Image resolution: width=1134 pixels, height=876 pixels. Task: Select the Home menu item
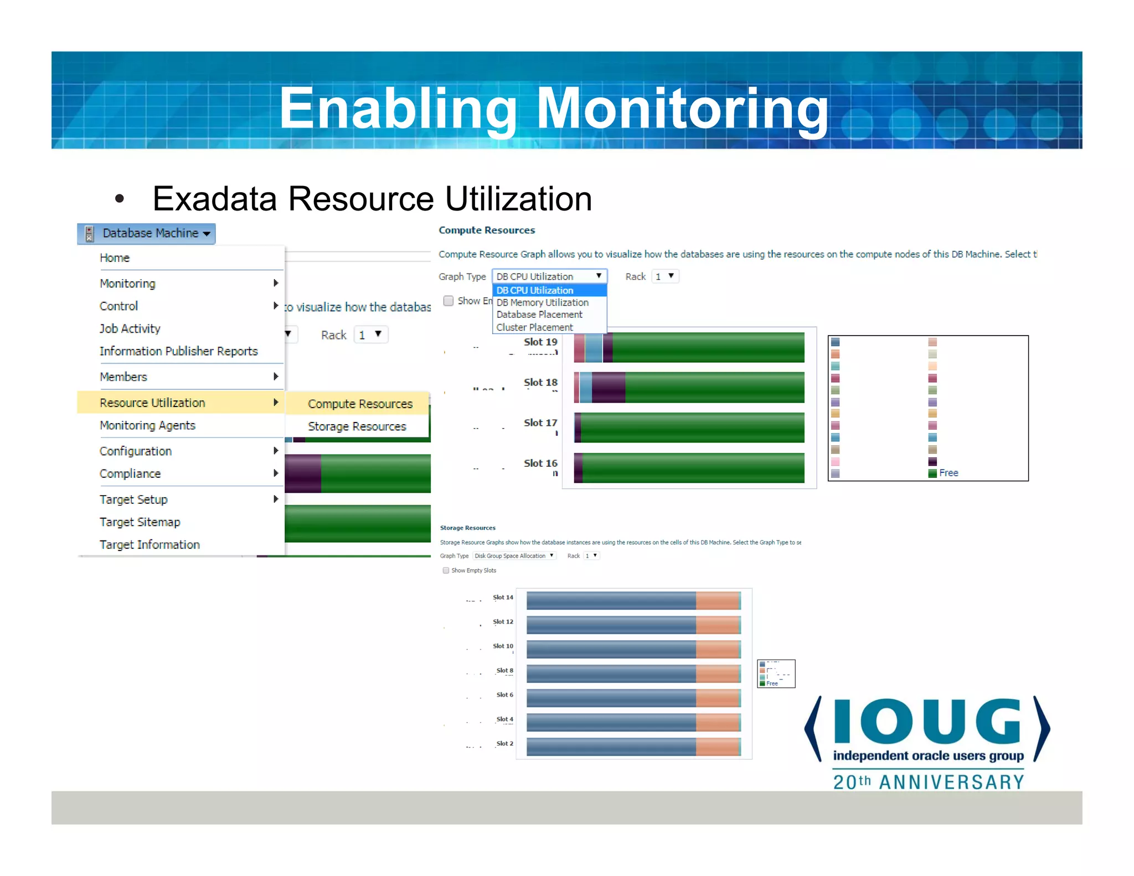click(115, 258)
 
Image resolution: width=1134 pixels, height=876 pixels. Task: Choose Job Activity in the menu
click(130, 329)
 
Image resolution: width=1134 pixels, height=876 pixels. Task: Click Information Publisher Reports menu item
click(178, 352)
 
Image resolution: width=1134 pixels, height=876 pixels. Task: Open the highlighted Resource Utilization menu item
click(152, 403)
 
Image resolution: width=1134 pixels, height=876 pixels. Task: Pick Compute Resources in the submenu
click(360, 404)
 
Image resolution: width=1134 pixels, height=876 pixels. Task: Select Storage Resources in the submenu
click(357, 426)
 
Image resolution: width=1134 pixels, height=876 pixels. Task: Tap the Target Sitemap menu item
click(140, 522)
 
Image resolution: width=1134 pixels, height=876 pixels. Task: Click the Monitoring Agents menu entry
click(147, 425)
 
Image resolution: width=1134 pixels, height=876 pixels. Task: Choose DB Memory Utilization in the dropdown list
click(542, 302)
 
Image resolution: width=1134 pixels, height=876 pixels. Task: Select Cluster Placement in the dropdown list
click(534, 327)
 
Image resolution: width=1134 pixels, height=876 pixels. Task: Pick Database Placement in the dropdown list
click(539, 315)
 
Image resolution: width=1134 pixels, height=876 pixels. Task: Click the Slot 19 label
click(540, 342)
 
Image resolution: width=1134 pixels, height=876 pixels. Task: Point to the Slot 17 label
click(540, 423)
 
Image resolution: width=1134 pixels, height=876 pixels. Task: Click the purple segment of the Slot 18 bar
click(608, 388)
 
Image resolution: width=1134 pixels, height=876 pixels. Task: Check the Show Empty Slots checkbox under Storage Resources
click(446, 570)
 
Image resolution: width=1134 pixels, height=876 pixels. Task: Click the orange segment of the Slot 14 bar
click(718, 601)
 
